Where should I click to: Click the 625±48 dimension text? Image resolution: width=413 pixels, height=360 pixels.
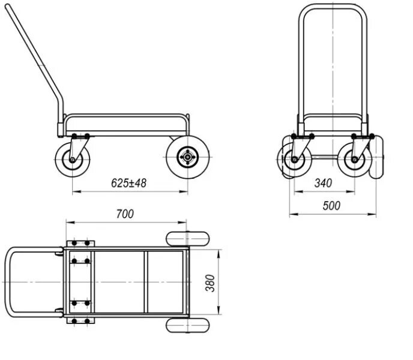click(x=128, y=184)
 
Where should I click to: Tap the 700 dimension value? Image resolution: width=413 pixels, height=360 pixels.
click(x=125, y=214)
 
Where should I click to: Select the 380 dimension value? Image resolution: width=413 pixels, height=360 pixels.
click(x=211, y=282)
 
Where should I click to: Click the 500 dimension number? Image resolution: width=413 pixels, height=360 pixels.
click(x=331, y=206)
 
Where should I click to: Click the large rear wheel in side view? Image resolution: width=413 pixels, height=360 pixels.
click(x=187, y=157)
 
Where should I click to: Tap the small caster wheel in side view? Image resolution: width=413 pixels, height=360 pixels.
click(x=73, y=160)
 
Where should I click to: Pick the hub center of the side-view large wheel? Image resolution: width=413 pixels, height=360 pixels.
click(x=187, y=157)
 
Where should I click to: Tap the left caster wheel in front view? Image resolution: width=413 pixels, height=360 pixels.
click(x=294, y=160)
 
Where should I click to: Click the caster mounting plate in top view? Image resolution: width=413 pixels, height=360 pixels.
click(x=80, y=282)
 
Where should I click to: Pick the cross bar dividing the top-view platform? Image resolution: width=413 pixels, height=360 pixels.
click(x=146, y=282)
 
